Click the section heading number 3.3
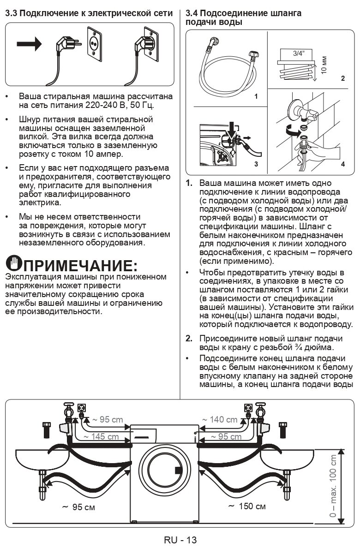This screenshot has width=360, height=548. tap(11, 13)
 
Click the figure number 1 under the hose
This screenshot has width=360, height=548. tap(256, 97)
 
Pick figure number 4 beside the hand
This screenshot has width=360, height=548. tap(342, 164)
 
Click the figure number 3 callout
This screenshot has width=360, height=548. tap(256, 164)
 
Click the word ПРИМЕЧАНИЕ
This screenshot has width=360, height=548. tap(78, 266)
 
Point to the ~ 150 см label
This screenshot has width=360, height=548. tap(247, 506)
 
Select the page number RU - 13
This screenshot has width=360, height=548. tap(180, 540)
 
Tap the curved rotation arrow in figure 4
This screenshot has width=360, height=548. tap(289, 131)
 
